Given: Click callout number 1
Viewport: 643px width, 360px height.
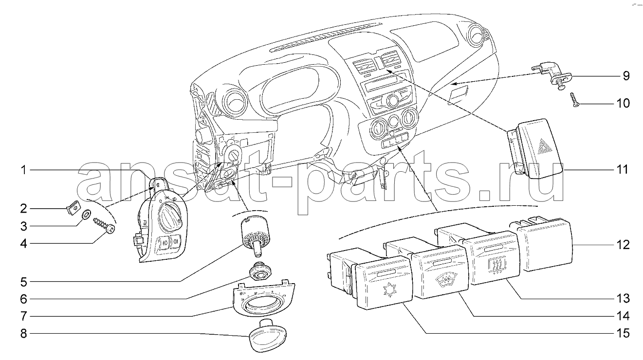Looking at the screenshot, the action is (23, 170).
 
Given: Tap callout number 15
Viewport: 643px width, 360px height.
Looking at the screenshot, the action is (623, 333).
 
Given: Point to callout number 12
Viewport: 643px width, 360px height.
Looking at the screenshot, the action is (623, 245).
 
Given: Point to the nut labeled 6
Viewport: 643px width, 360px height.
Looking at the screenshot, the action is (260, 271).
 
